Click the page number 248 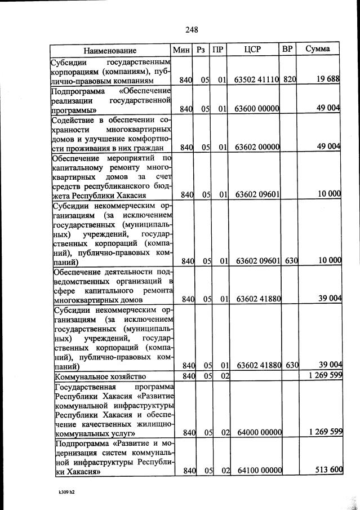pos(191,29)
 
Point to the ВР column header pos(287,49)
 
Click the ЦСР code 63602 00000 pos(257,147)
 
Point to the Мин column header pos(183,50)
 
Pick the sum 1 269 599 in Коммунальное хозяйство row pos(322,375)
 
